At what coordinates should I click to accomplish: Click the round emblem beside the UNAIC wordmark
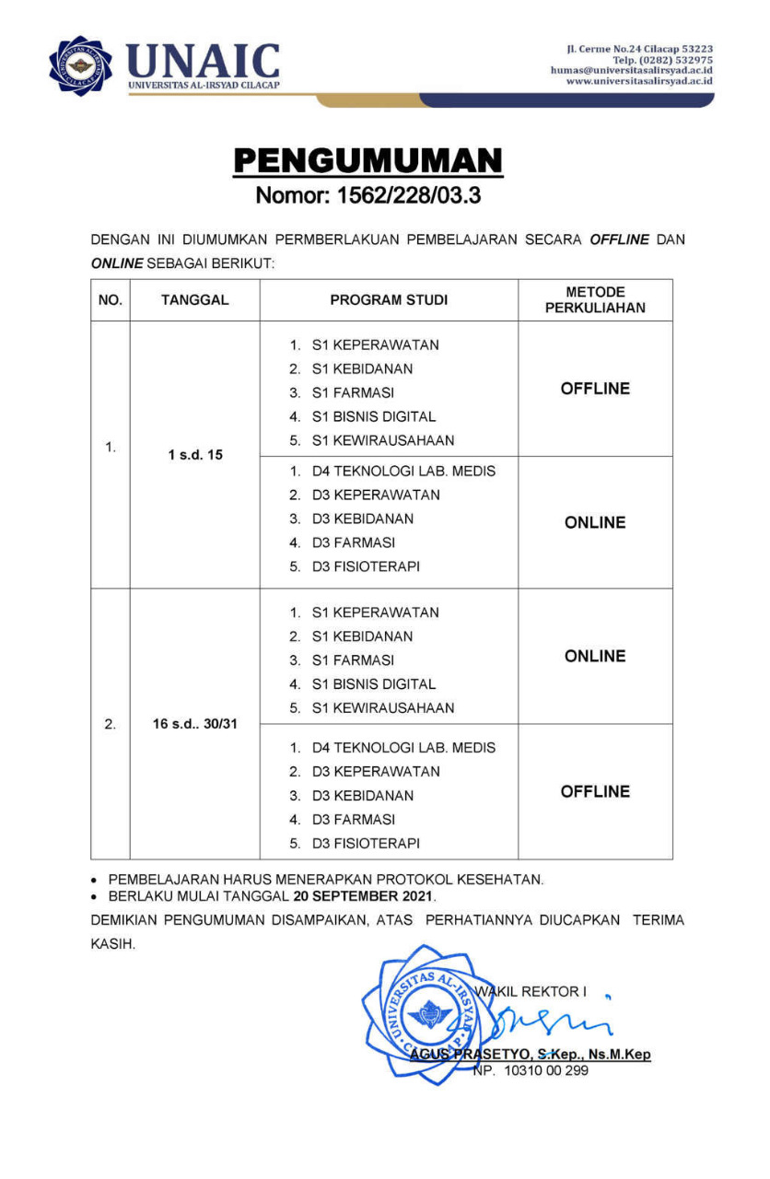(x=81, y=64)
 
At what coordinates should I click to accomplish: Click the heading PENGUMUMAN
(x=367, y=160)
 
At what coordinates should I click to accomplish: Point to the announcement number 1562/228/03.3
(x=367, y=195)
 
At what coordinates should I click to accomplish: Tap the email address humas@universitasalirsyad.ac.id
(x=631, y=70)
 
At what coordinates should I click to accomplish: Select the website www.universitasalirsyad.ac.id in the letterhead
(x=639, y=81)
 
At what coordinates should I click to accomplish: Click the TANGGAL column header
(x=194, y=300)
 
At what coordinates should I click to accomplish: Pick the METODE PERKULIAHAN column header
(x=595, y=300)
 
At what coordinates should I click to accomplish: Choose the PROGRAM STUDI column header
(x=388, y=300)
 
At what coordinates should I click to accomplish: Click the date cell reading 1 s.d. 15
(x=194, y=454)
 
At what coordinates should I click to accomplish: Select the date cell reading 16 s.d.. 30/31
(x=194, y=724)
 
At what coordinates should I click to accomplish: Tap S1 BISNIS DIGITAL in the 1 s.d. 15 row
(x=373, y=416)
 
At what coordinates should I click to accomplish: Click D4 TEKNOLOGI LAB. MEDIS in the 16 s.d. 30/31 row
(x=403, y=748)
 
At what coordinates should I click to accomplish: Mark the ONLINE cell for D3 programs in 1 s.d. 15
(x=595, y=522)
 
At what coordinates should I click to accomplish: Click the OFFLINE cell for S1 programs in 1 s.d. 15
(x=595, y=389)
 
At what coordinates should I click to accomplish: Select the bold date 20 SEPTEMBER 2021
(x=364, y=895)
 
